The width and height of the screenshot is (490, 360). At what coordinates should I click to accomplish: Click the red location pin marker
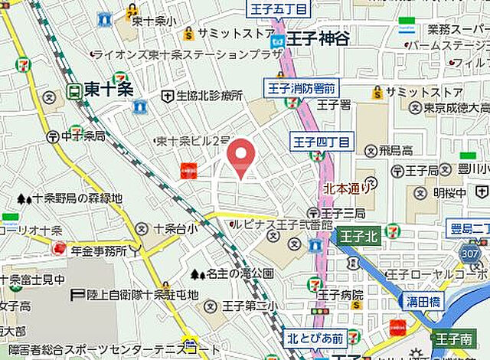pyautogui.click(x=242, y=155)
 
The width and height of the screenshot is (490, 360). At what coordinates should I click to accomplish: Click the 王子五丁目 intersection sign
pyautogui.click(x=276, y=9)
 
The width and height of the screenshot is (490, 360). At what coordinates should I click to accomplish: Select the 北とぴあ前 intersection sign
pyautogui.click(x=315, y=336)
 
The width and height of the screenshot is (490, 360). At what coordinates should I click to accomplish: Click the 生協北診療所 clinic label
pyautogui.click(x=208, y=96)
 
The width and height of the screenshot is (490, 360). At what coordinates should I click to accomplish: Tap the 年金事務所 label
pyautogui.click(x=99, y=250)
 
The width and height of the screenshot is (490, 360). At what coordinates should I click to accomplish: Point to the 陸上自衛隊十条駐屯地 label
pyautogui.click(x=142, y=294)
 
